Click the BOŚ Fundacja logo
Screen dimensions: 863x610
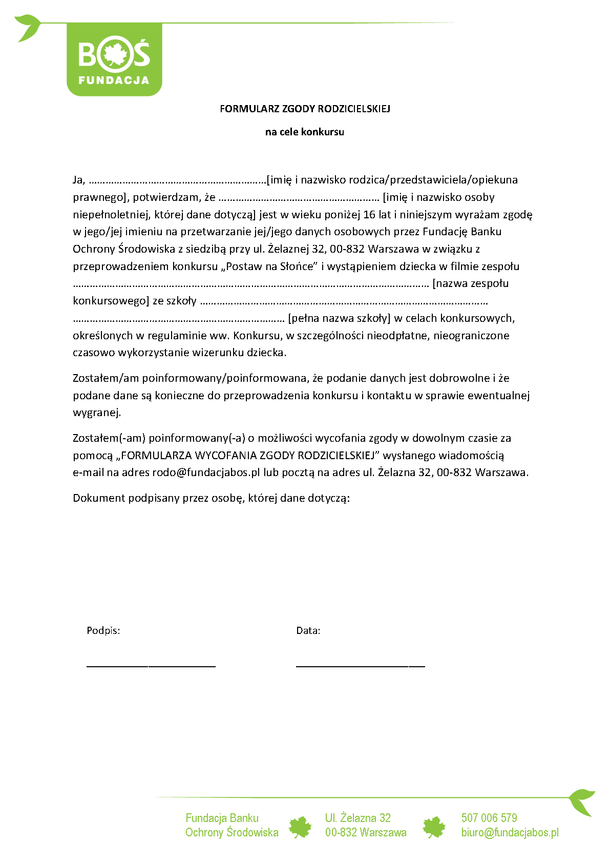pos(114,59)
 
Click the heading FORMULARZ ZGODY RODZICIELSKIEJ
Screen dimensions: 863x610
pos(305,109)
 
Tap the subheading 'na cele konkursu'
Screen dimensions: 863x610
pos(305,132)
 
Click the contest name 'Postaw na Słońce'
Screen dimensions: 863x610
pos(269,266)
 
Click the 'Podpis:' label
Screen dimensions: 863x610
pos(103,631)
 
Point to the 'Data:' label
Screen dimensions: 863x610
pos(308,631)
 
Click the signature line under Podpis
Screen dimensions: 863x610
pos(151,666)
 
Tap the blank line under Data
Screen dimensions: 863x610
pos(361,666)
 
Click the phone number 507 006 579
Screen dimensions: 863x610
pos(489,818)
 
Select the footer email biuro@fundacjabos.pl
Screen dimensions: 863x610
pos(510,832)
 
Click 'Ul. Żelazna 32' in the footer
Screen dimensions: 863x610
pos(357,818)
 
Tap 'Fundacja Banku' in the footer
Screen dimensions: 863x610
pos(222,818)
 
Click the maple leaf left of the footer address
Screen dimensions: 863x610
pos(300,827)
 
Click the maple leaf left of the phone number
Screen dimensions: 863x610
pos(434,827)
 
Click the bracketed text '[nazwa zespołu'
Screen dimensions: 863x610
pos(471,283)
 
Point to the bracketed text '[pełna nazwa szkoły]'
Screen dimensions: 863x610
pos(339,318)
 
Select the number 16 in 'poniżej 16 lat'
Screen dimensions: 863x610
pos(369,215)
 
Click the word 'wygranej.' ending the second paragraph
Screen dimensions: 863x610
pos(97,413)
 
